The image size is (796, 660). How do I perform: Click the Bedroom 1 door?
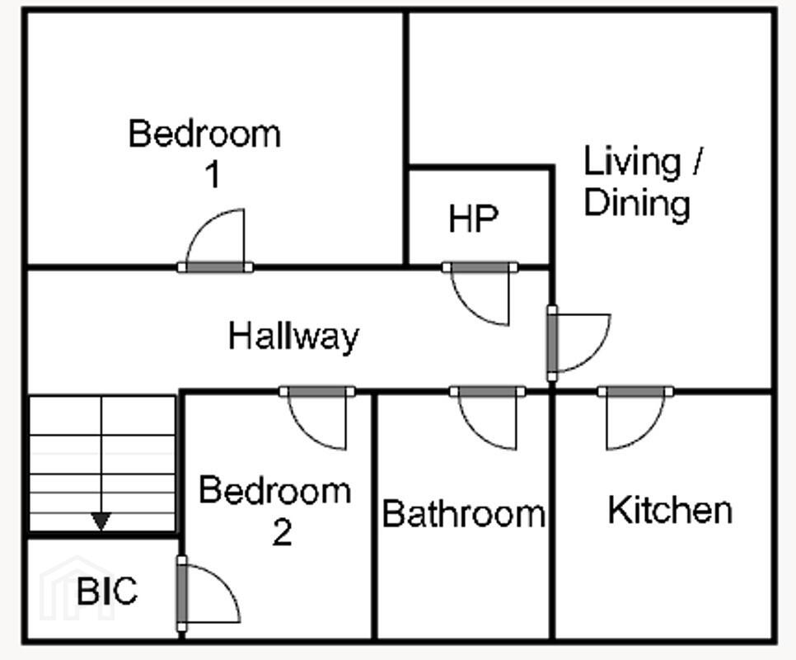click(215, 266)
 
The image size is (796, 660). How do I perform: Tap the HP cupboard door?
click(480, 267)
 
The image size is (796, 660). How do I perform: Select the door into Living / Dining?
click(552, 343)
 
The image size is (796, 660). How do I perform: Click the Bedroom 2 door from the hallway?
click(317, 392)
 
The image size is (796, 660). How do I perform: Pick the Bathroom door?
click(487, 392)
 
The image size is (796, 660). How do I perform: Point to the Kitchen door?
click(635, 392)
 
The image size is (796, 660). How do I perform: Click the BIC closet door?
click(182, 593)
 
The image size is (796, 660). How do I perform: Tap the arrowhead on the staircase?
click(101, 521)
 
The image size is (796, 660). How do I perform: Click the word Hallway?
click(294, 337)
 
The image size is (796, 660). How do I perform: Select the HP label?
click(473, 219)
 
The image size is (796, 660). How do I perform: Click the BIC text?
click(107, 591)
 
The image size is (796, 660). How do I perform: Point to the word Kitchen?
click(670, 510)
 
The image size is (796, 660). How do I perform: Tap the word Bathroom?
click(464, 514)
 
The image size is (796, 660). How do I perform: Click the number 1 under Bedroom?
click(213, 175)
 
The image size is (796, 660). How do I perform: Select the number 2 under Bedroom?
click(283, 532)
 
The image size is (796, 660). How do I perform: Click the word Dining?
click(637, 203)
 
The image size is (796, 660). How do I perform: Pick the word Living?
click(632, 162)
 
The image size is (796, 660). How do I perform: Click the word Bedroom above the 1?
click(204, 134)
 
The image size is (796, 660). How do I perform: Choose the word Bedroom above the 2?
click(275, 490)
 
